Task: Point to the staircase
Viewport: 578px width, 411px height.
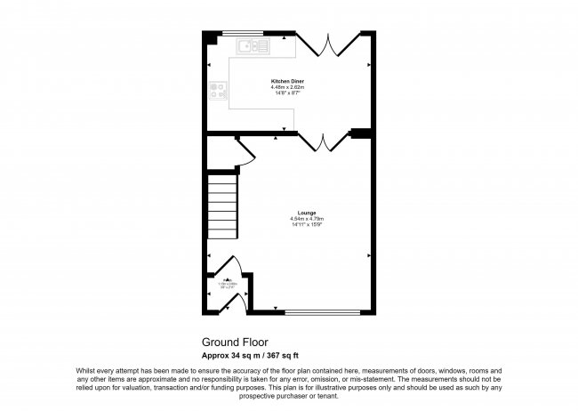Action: point(223,206)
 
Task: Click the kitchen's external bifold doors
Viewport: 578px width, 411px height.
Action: point(331,45)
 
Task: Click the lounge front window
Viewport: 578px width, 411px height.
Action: point(324,312)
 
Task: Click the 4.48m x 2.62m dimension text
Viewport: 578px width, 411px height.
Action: point(288,88)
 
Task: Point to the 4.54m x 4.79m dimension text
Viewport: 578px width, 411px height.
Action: point(306,219)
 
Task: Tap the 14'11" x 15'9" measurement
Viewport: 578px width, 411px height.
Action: point(306,224)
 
